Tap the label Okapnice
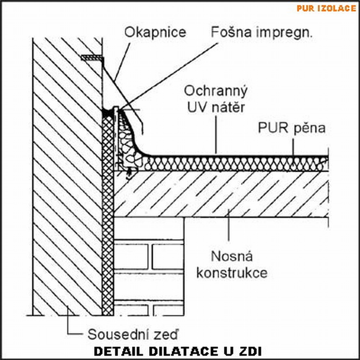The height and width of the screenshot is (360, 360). [x=155, y=32]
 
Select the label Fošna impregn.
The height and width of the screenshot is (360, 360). [x=261, y=32]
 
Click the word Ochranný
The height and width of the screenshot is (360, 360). [x=215, y=91]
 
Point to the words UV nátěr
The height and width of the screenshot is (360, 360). [x=215, y=107]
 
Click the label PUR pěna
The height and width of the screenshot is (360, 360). [x=292, y=128]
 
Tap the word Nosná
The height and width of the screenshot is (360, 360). [x=232, y=256]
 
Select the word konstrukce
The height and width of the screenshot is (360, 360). [x=232, y=272]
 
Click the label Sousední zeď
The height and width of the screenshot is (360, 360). [x=133, y=334]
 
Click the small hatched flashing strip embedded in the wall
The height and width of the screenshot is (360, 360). [x=92, y=58]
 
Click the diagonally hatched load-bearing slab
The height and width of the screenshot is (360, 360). [x=221, y=194]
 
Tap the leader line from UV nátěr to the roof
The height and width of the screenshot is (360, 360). [x=216, y=133]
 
